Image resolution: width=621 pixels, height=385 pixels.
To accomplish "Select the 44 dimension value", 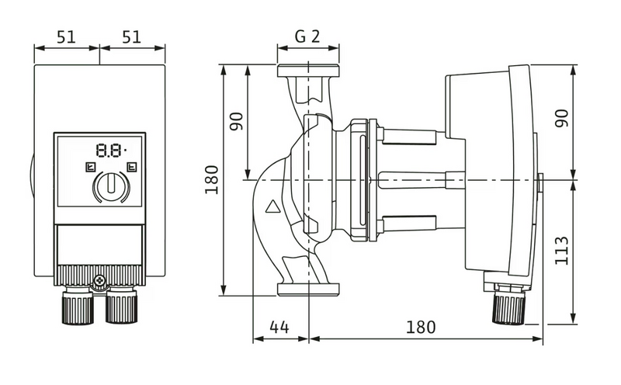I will coord(279,327).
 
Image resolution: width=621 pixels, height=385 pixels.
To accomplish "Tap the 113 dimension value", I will coord(563,251).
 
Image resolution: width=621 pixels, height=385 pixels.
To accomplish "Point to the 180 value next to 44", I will coord(421,327).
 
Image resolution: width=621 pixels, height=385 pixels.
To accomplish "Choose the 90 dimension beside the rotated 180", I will coord(236,123).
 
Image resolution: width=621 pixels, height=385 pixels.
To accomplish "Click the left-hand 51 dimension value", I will coord(66,35).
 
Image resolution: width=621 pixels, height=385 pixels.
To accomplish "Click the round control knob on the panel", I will coord(110,186).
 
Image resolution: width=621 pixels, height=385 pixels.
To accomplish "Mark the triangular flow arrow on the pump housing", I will coord(272,207).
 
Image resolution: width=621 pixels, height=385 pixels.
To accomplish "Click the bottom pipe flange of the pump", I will coord(308,290).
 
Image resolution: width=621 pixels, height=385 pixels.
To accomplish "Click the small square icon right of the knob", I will coord(131,166).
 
